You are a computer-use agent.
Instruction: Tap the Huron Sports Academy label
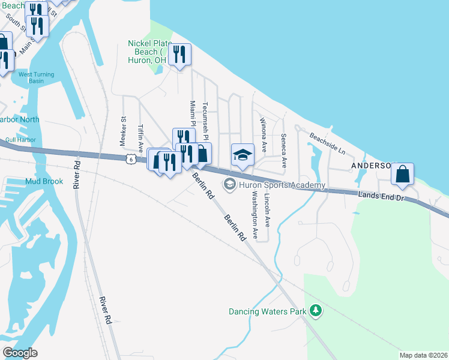(282, 185)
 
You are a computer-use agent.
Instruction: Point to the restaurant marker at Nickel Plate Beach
(179, 56)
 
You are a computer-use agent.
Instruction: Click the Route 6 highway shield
(130, 159)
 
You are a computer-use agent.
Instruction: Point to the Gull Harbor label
(20, 140)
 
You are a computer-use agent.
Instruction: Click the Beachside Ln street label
(328, 143)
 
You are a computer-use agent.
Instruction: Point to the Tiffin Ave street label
(142, 137)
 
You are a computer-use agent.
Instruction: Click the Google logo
(20, 353)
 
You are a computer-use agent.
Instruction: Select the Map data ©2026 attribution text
(423, 355)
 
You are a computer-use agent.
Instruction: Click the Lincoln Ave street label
(268, 213)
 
